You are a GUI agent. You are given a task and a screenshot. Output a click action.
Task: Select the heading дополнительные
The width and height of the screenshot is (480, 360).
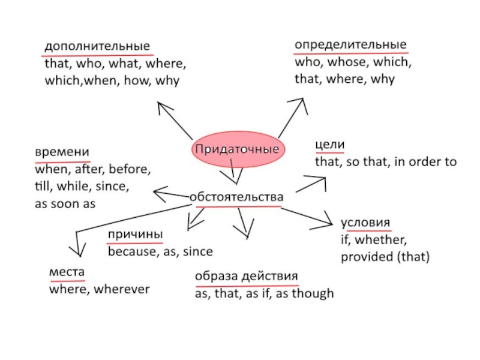tap(97, 46)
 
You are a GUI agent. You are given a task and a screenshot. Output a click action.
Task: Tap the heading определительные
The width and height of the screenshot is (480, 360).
tap(350, 45)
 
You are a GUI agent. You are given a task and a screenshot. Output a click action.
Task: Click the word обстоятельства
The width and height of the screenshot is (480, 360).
tap(236, 197)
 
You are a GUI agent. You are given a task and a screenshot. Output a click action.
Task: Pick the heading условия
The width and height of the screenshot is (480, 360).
tap(365, 221)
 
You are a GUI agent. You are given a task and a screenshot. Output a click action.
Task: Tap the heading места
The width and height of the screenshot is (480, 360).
tap(66, 272)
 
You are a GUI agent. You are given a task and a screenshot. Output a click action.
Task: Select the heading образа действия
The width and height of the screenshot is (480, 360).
tap(246, 277)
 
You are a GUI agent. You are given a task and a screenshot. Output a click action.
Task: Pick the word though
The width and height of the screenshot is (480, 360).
tap(314, 294)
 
